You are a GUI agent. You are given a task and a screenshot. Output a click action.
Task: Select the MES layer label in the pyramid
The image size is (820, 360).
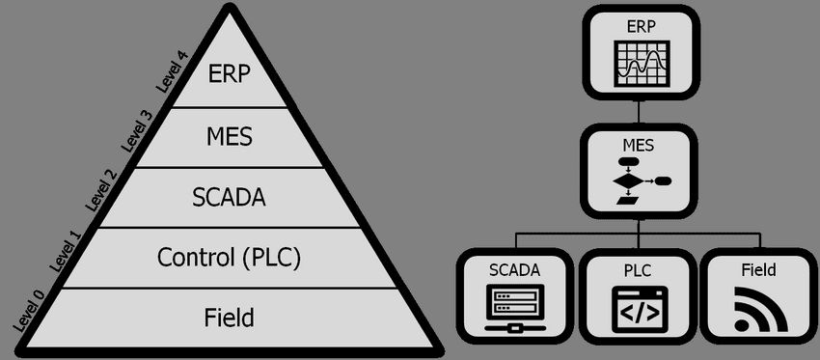click(230, 136)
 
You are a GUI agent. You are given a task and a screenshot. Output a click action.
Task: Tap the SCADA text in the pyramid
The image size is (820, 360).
click(230, 197)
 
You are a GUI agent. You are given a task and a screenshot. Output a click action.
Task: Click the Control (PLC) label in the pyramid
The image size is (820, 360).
click(230, 258)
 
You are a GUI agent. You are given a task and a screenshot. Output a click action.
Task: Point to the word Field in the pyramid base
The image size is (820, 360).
click(230, 317)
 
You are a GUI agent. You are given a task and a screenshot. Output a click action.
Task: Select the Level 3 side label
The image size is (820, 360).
click(136, 132)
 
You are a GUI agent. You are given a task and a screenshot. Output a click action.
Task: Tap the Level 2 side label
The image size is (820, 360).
click(100, 189)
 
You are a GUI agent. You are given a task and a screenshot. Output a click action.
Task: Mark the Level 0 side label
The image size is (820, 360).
click(29, 310)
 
